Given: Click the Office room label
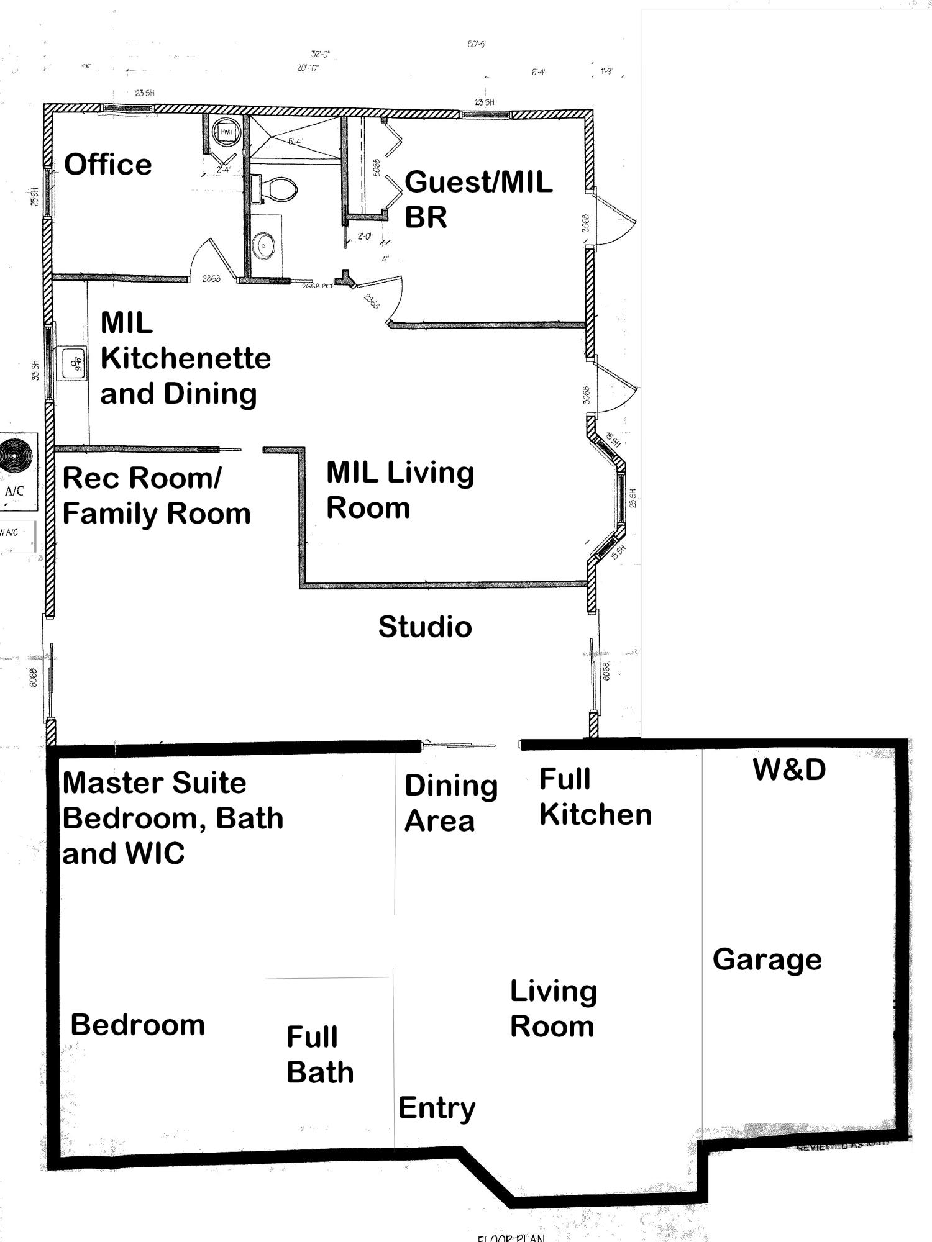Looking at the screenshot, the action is pyautogui.click(x=108, y=165).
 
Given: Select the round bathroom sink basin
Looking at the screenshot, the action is pyautogui.click(x=265, y=247).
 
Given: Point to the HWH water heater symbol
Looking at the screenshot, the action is pyautogui.click(x=226, y=132).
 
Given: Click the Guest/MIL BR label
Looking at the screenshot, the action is pyautogui.click(x=477, y=199).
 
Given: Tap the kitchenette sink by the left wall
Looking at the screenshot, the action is pyautogui.click(x=74, y=363).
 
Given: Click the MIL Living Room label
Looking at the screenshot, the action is pyautogui.click(x=400, y=490).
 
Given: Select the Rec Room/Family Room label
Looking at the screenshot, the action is pyautogui.click(x=156, y=496).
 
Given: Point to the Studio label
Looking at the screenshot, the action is pyautogui.click(x=425, y=627).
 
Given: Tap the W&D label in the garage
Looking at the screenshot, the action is pyautogui.click(x=789, y=770).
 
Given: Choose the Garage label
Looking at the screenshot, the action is pyautogui.click(x=767, y=959).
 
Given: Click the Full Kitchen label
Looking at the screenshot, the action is pyautogui.click(x=595, y=797).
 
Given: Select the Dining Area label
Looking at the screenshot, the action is pyautogui.click(x=450, y=803).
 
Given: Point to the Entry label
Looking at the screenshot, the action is pyautogui.click(x=437, y=1107).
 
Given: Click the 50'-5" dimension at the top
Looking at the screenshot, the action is pyautogui.click(x=476, y=44).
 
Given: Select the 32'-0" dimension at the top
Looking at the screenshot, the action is pyautogui.click(x=321, y=55).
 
